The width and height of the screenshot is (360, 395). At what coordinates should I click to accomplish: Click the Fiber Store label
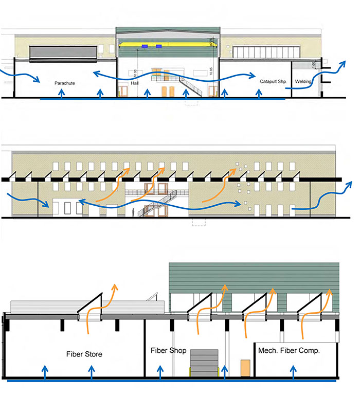tap(84, 354)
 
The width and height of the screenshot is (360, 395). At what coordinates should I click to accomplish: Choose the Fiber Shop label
tap(169, 351)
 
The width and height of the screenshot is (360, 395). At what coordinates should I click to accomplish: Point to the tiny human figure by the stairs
tap(135, 212)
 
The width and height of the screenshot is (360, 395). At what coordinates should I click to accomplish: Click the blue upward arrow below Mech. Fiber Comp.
tap(293, 372)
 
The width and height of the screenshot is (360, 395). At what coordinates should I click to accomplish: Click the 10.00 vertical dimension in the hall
tap(135, 71)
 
